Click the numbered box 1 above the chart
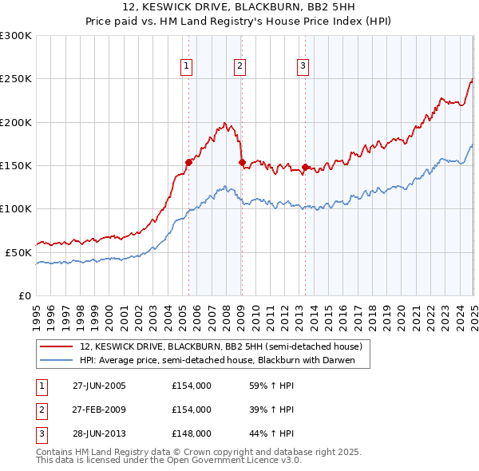coord(186,66)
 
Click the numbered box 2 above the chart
coord(239,66)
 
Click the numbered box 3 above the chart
coord(303,66)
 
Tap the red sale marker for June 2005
coord(189,162)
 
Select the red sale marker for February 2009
coord(242,162)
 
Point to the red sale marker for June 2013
coord(305,167)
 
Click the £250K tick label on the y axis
coord(15,79)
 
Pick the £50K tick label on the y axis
coord(18,252)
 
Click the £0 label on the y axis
coord(25,295)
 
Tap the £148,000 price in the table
coord(192,433)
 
